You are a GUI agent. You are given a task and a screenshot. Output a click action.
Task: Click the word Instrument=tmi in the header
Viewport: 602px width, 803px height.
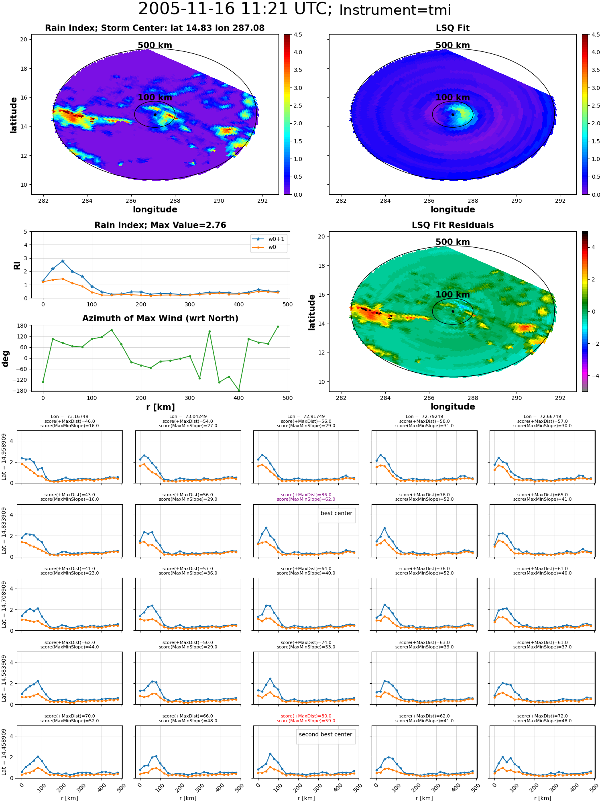395,10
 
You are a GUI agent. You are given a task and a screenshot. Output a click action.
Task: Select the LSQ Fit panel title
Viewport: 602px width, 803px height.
453,28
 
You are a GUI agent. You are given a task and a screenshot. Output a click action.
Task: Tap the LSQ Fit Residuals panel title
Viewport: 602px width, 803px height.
453,225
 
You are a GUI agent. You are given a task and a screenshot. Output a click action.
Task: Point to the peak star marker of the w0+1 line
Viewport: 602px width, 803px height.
63,261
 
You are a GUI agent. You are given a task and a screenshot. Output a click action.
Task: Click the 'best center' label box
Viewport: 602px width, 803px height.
336,514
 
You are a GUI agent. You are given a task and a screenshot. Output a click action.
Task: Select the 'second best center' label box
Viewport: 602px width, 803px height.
325,735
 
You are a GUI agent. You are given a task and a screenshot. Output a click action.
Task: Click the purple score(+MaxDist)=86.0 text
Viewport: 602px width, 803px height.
306,495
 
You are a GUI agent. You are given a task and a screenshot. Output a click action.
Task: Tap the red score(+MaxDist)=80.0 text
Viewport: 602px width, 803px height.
306,716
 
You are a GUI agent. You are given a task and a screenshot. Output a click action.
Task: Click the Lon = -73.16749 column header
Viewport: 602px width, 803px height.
70,417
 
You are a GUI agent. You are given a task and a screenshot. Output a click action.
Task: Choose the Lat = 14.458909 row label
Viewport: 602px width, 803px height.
4,752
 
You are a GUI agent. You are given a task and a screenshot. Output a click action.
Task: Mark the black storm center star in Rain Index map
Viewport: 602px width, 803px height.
155,114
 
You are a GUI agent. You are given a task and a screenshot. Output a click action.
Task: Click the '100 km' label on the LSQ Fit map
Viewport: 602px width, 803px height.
453,98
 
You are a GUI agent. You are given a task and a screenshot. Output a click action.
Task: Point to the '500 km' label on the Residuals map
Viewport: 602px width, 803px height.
453,242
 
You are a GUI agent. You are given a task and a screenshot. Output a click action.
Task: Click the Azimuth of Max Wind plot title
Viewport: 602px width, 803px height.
160,318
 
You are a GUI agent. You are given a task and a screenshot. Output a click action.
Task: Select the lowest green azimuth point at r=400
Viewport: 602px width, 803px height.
239,390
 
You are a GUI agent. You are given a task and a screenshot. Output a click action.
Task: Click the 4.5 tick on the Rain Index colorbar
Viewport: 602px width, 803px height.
298,35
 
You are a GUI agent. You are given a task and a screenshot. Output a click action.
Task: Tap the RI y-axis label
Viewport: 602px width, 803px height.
17,265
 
